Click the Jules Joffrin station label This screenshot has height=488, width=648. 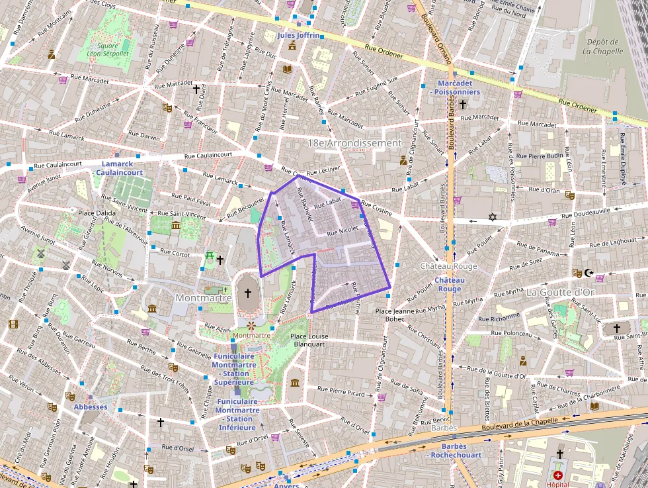point(299,35)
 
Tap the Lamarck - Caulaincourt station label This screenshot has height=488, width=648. point(122,168)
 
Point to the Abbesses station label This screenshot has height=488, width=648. point(91,407)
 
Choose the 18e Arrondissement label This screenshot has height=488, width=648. point(354,143)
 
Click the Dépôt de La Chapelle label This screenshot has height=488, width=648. point(603,46)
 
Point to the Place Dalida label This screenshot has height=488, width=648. point(97,213)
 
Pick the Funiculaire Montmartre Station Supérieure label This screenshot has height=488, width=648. point(234,369)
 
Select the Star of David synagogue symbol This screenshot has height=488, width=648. point(491,217)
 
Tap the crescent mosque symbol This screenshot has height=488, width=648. point(590,272)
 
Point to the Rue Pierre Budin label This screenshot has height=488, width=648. point(540,156)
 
